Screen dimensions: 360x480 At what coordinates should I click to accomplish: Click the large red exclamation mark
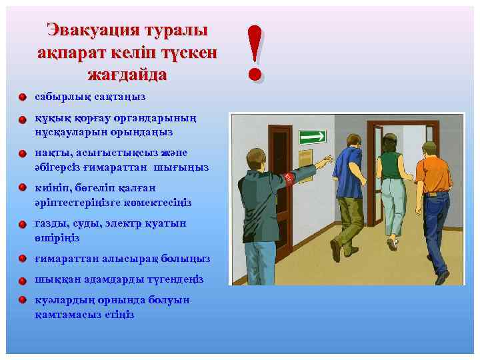point(255,53)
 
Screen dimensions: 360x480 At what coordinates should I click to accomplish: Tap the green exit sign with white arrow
point(311,137)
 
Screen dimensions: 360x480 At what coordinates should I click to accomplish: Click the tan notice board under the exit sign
point(305,163)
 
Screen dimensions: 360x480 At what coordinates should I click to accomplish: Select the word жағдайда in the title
point(127,74)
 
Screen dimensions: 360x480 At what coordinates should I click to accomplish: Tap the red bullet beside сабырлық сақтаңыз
point(23,98)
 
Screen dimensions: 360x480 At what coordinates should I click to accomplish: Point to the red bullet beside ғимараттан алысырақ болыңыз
point(23,259)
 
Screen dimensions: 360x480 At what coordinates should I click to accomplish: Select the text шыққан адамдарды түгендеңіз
point(119,279)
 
